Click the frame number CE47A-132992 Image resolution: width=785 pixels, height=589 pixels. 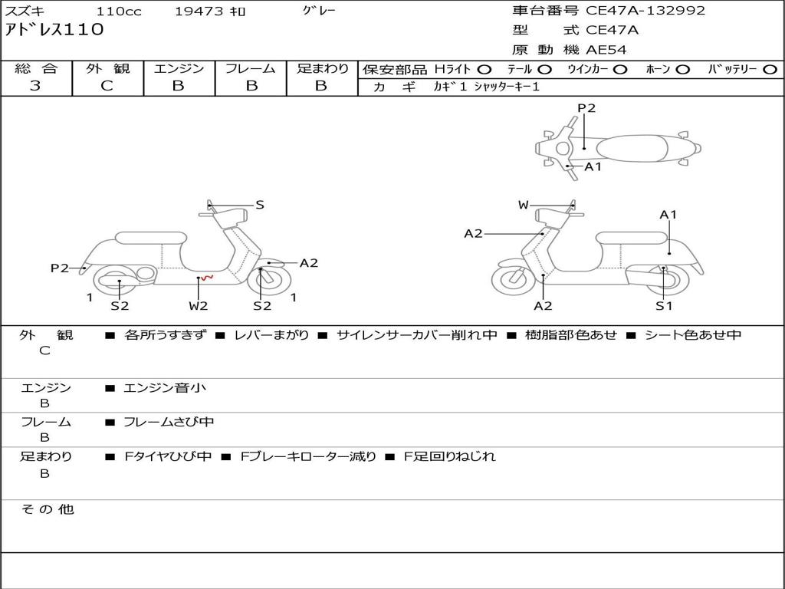click(x=645, y=11)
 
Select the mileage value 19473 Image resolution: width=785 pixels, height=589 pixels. click(x=199, y=11)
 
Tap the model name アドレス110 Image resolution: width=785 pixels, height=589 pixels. click(x=54, y=30)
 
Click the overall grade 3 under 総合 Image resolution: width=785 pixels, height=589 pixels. click(x=35, y=86)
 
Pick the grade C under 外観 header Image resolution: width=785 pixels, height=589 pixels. click(x=107, y=86)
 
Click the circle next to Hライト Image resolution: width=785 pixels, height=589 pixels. click(x=484, y=70)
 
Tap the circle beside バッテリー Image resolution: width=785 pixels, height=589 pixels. click(x=770, y=70)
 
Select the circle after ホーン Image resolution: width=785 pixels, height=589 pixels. click(x=682, y=70)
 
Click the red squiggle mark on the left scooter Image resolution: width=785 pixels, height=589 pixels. click(x=207, y=277)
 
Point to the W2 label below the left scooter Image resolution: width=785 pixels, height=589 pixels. click(x=199, y=305)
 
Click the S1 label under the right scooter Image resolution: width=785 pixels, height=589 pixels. click(x=664, y=305)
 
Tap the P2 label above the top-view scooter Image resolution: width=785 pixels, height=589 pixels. click(x=586, y=108)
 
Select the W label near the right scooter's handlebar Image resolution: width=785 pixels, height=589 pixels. click(x=523, y=205)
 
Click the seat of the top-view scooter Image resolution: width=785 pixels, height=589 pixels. click(x=632, y=149)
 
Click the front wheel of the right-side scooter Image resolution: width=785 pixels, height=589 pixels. click(x=514, y=279)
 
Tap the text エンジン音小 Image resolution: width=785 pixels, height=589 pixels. click(x=165, y=387)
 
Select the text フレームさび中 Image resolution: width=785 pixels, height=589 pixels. click(x=169, y=422)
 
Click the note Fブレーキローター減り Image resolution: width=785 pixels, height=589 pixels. click(x=308, y=456)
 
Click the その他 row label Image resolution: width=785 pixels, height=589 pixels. click(x=48, y=509)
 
